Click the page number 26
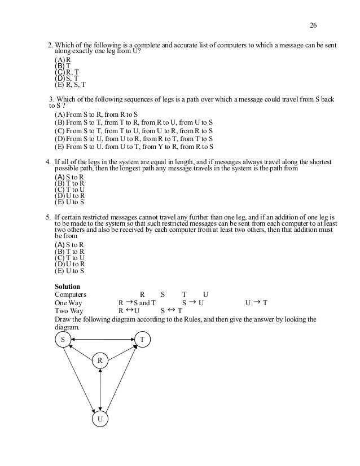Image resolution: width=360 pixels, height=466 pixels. point(314,25)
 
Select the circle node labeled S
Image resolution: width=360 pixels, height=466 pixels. point(63,340)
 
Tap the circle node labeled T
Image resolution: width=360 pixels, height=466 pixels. point(142,340)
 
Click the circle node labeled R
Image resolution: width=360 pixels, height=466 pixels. point(100,361)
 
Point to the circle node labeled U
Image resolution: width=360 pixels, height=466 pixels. point(100,420)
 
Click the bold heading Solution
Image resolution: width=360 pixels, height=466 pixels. point(67,287)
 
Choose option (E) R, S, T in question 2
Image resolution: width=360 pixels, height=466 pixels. point(70,85)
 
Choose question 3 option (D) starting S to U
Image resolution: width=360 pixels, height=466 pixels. point(133,138)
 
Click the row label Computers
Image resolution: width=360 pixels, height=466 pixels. point(70,294)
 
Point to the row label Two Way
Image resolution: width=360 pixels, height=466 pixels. point(68,310)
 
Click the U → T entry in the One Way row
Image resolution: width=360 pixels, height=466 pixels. point(256,302)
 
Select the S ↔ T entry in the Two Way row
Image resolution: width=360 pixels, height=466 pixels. point(171,310)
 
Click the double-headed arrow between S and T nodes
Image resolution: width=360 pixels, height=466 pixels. point(103,339)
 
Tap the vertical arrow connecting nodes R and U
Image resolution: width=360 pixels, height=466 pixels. point(100,390)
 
